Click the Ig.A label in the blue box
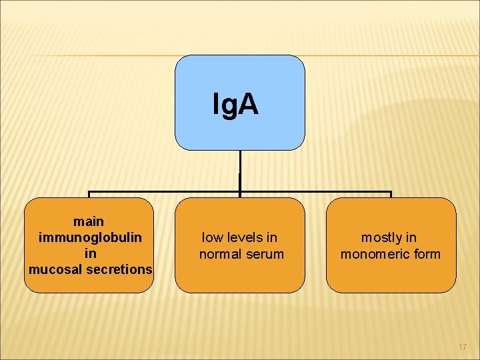click(x=235, y=105)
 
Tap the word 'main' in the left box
click(x=89, y=221)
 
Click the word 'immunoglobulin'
click(x=91, y=237)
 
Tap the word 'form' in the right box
click(x=427, y=254)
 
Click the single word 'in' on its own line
click(x=91, y=253)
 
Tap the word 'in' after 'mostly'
click(x=411, y=237)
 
